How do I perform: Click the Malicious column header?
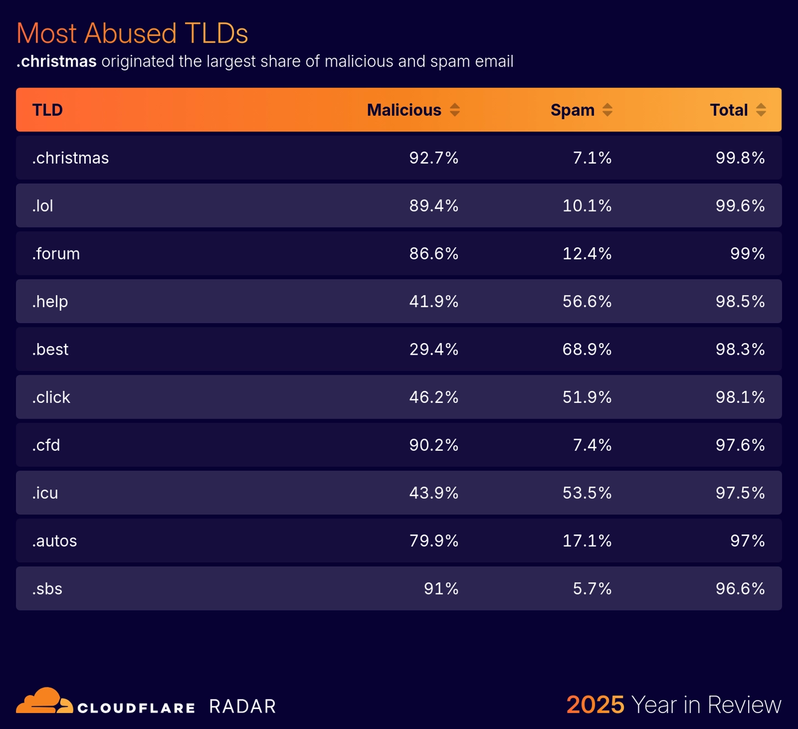click(404, 110)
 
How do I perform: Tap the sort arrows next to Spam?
click(607, 110)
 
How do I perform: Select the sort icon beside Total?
click(761, 110)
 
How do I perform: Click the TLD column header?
click(48, 110)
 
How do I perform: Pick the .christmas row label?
click(70, 158)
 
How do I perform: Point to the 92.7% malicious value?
click(433, 158)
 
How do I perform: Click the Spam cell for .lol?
click(587, 206)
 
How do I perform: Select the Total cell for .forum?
click(747, 254)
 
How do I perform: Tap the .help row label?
click(50, 302)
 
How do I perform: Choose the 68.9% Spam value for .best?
click(587, 349)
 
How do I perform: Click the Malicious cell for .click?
click(433, 397)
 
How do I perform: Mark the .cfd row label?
click(46, 445)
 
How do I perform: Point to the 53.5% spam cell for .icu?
click(587, 493)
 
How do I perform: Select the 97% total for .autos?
click(747, 541)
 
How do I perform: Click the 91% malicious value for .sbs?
click(441, 589)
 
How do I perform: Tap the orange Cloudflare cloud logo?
click(44, 701)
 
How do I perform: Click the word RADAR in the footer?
click(242, 707)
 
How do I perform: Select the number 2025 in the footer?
click(595, 705)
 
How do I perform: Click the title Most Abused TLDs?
click(132, 33)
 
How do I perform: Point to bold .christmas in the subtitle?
click(57, 62)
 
